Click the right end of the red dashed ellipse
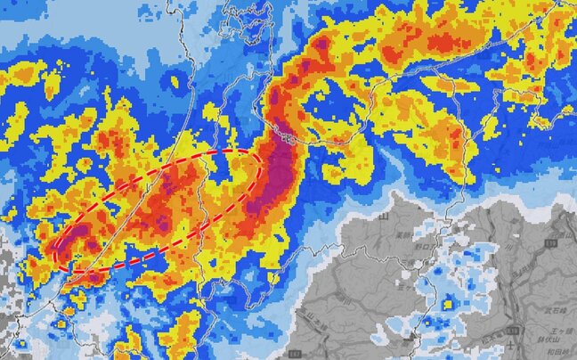(261, 160)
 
